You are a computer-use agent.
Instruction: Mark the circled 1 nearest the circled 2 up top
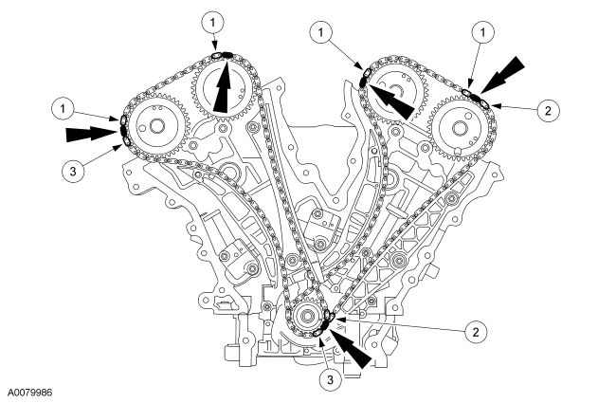[x=484, y=33]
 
